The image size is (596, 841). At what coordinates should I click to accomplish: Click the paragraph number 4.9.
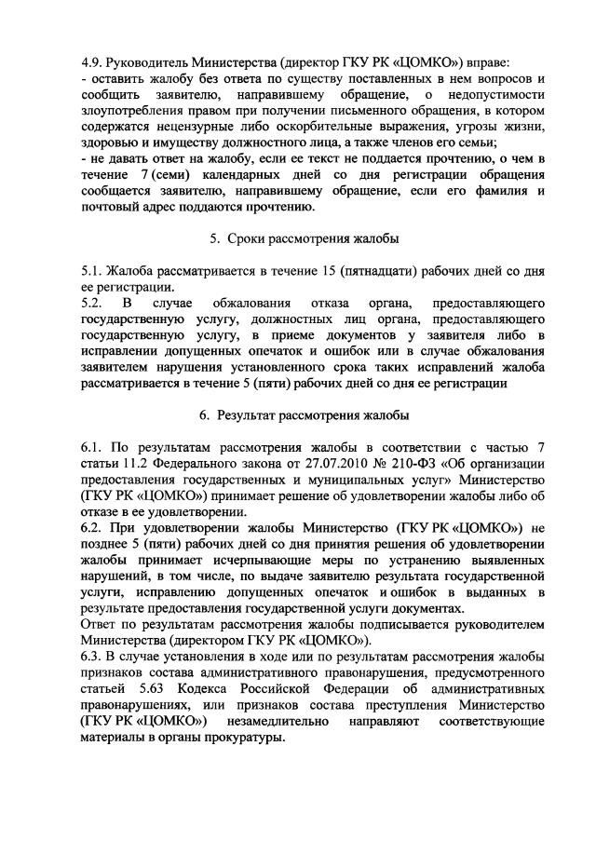pyautogui.click(x=94, y=63)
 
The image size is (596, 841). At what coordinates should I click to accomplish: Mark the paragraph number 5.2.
pyautogui.click(x=92, y=303)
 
